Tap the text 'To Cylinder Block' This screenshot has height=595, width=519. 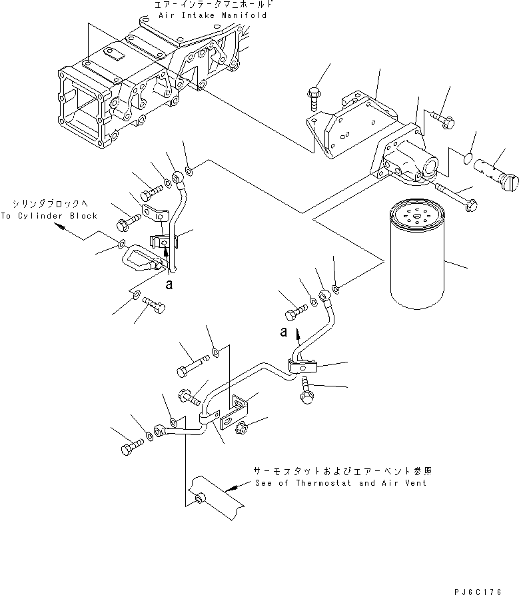click(49, 216)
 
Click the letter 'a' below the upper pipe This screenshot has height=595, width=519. click(170, 283)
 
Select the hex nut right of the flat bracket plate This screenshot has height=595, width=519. click(243, 427)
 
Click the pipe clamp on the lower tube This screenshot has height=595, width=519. click(301, 365)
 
